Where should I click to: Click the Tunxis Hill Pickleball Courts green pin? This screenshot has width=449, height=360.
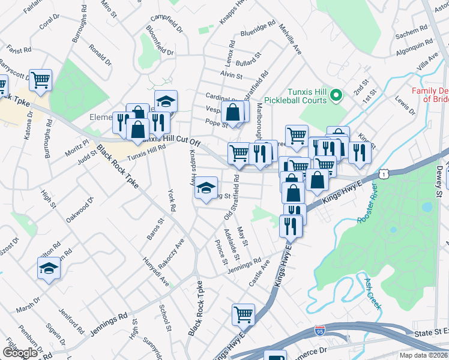point(336,94)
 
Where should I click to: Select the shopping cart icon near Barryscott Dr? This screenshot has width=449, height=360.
point(40,80)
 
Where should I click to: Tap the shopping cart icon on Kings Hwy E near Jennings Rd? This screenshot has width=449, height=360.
point(243,314)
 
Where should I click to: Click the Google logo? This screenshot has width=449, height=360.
point(19,353)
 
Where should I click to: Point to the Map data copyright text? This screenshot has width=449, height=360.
point(423,355)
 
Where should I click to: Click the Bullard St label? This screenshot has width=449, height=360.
point(247,62)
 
